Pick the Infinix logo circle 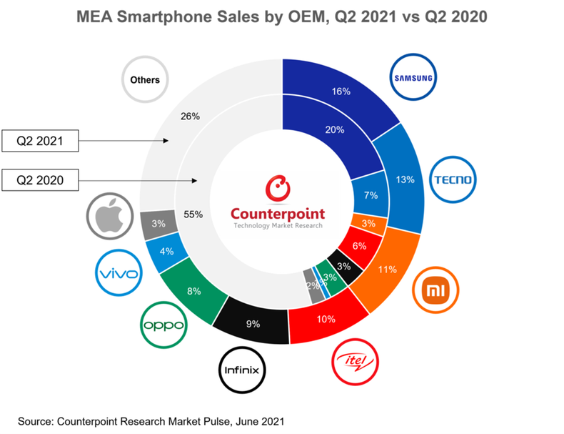(242, 370)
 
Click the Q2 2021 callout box (40, 142)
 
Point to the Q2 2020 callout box (40, 181)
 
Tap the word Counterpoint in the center (277, 213)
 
